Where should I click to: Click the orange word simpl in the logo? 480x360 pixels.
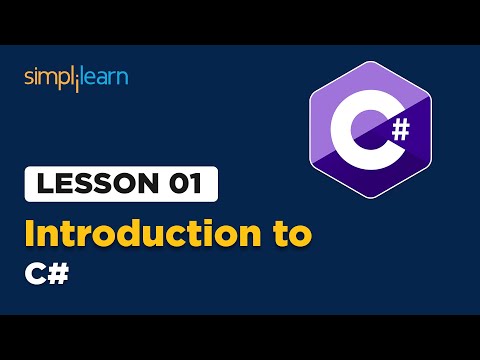[48, 77]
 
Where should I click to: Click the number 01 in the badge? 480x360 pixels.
[183, 185]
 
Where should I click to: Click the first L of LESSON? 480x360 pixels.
[42, 185]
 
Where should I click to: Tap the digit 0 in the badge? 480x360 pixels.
[175, 185]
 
